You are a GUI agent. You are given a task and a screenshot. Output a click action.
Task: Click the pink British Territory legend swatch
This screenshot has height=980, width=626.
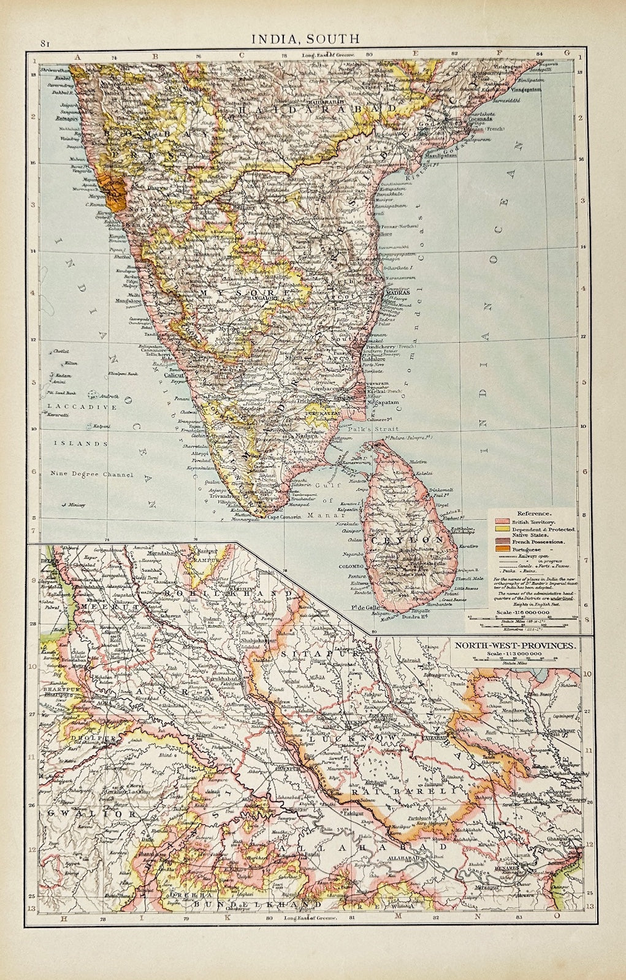[x=502, y=521]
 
